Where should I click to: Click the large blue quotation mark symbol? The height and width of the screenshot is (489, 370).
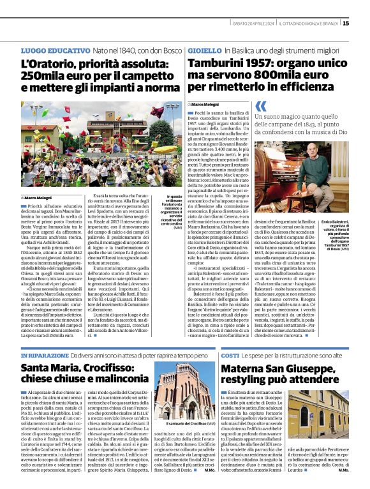point(261,105)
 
